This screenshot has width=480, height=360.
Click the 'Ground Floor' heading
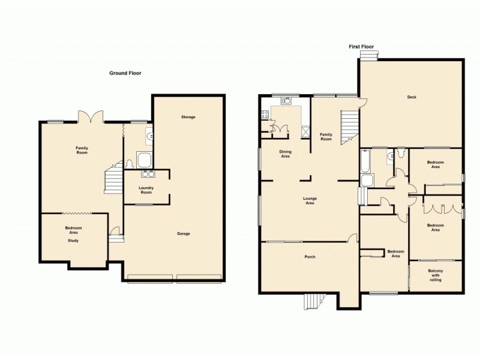(125, 73)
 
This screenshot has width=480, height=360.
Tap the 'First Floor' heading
(361, 46)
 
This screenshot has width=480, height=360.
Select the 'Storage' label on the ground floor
(188, 116)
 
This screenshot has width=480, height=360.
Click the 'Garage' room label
(184, 233)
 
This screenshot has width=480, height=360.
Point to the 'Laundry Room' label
(146, 190)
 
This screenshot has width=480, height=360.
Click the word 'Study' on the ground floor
(73, 241)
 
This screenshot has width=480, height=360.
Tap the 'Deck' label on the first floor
(412, 97)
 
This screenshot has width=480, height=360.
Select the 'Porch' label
(310, 257)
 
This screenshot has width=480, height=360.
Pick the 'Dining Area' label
(285, 154)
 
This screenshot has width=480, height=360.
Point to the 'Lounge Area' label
(310, 201)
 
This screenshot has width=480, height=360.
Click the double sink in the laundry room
(147, 175)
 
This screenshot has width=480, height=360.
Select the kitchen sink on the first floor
(286, 101)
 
